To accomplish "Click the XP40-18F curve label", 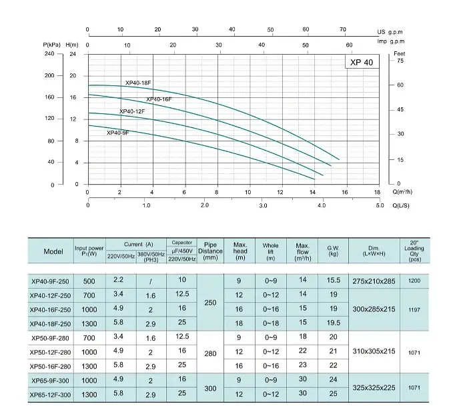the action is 138,83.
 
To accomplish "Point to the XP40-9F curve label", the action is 117,133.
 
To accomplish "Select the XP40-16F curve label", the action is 159,99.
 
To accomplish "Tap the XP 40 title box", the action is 362,62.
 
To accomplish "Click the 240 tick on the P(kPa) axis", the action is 49,53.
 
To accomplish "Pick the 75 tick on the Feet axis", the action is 400,61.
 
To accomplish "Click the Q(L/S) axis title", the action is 401,205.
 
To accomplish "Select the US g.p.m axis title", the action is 390,32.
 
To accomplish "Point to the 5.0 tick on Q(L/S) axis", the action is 380,205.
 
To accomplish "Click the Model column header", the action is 53,251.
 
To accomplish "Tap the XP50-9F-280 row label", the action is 50,338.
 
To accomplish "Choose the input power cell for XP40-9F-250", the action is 89,281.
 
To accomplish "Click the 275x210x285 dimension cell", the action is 374,281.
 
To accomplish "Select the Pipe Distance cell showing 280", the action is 210,353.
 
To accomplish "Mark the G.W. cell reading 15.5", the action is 334,280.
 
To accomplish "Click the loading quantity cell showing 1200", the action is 414,281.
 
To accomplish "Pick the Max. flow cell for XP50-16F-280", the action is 302,365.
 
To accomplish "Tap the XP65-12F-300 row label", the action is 50,395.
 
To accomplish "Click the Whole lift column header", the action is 270,251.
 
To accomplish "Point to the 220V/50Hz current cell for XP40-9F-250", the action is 118,279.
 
